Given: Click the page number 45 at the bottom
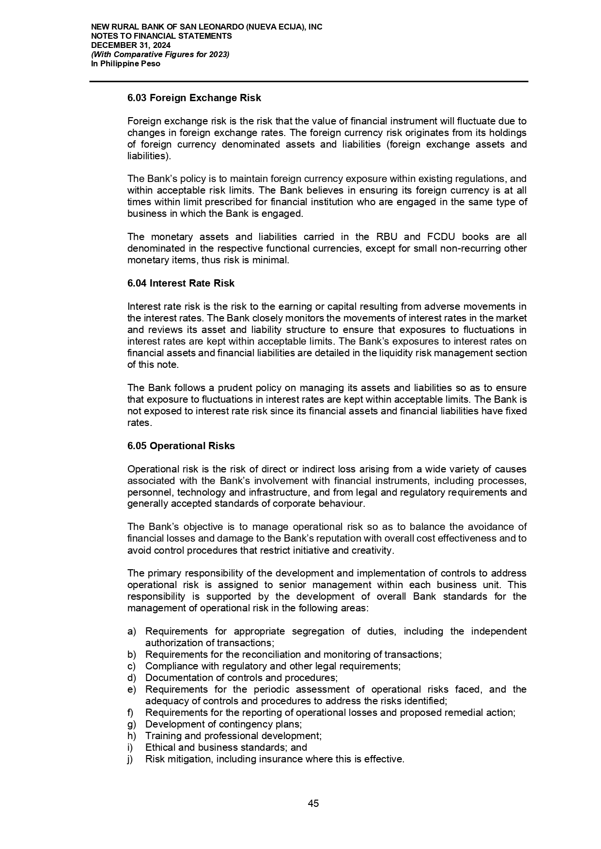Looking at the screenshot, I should pyautogui.click(x=313, y=804).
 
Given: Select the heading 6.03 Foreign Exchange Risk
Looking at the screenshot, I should pyautogui.click(x=194, y=98).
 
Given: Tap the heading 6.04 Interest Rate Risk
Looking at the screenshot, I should pyautogui.click(x=181, y=283).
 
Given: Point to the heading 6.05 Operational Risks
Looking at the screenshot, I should pyautogui.click(x=181, y=446).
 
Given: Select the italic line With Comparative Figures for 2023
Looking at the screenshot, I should pyautogui.click(x=160, y=54).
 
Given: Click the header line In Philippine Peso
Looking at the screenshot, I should pyautogui.click(x=125, y=63).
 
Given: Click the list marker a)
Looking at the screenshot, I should pyautogui.click(x=132, y=631).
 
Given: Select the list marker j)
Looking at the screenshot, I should pyautogui.click(x=130, y=759).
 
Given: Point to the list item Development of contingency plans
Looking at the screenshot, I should pyautogui.click(x=223, y=724).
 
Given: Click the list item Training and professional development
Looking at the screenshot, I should pyautogui.click(x=233, y=736).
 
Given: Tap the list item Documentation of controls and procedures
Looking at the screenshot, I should pyautogui.click(x=241, y=678).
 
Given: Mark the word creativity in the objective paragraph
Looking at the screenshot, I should pyautogui.click(x=374, y=550).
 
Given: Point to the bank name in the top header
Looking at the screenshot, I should pyautogui.click(x=207, y=27).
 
